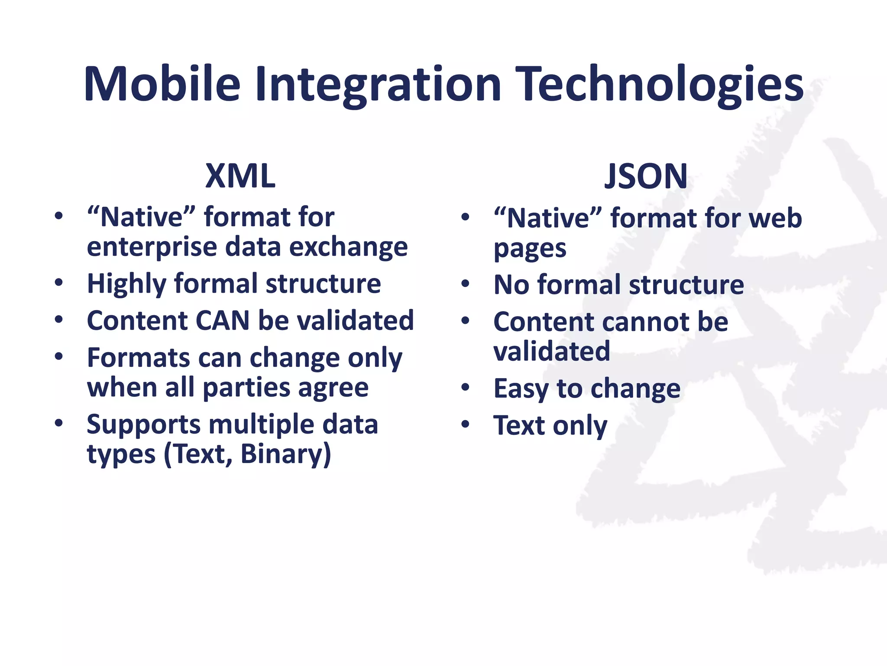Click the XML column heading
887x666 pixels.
tap(240, 176)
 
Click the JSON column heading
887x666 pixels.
tap(646, 176)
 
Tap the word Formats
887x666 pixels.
tap(138, 358)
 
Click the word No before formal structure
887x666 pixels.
tap(511, 285)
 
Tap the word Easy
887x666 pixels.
tap(521, 388)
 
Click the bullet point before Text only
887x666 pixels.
tap(465, 424)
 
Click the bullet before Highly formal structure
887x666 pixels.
tap(59, 283)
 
